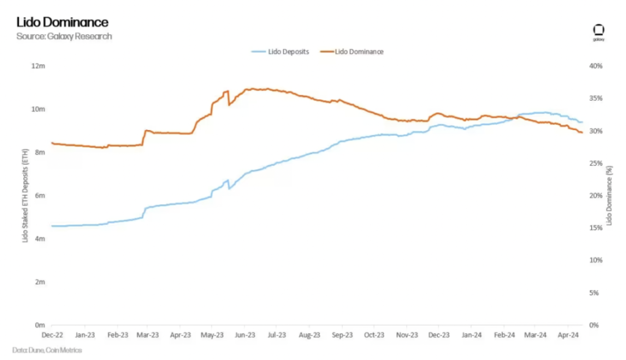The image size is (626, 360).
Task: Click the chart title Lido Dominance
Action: pos(62,23)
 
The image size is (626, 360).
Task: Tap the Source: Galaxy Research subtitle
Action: pos(64,36)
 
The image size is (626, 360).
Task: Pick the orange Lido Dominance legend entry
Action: pos(359,51)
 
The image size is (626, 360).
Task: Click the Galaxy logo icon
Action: pos(598,31)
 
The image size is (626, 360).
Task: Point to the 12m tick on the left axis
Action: pos(39,65)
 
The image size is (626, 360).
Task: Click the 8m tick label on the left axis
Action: pos(40,152)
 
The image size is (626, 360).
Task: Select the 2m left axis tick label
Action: pos(40,282)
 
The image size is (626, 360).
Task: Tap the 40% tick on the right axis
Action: pos(595,65)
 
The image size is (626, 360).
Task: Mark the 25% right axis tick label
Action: pos(595,163)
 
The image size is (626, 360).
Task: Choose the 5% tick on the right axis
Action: pos(596,293)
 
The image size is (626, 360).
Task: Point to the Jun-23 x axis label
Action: pos(245,335)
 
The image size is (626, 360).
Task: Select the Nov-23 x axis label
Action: pos(407,335)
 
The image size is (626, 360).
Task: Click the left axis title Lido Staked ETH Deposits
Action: pos(25,196)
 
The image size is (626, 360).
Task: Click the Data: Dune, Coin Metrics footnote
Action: pos(47,350)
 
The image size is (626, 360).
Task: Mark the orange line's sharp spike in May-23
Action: pos(227,92)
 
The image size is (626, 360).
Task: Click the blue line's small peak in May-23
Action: pos(227,180)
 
